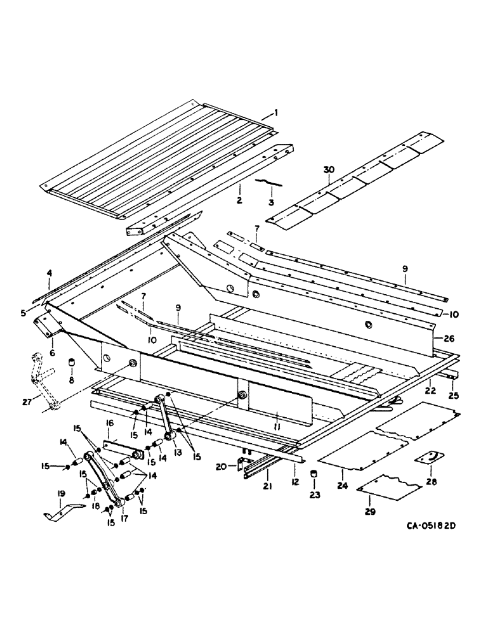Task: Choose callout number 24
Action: tap(345, 472)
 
